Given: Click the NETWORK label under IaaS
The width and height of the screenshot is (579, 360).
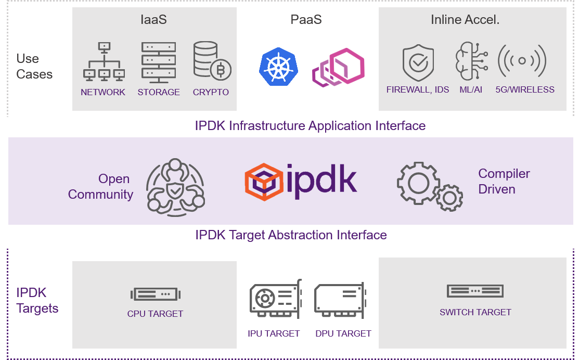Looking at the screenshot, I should point(103,92).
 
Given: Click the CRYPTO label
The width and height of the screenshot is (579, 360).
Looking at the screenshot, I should point(211,92).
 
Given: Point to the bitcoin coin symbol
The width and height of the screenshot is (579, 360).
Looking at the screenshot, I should point(221,70).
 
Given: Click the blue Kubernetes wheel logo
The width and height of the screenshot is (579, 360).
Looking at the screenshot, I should point(279,66).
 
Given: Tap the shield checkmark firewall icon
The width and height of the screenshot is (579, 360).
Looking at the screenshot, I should point(418,63).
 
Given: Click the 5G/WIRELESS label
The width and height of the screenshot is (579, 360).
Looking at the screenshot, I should point(524,89).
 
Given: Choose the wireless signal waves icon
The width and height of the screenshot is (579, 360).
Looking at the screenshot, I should point(522,61).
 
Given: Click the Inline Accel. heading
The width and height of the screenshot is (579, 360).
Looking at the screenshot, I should point(465,20).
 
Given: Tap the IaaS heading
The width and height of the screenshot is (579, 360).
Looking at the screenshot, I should point(153,20).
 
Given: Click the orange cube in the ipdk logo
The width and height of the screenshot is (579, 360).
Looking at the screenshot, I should point(264,182).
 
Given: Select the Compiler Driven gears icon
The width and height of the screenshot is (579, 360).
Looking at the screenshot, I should point(430,186).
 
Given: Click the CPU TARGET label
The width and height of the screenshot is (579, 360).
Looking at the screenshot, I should point(155,314).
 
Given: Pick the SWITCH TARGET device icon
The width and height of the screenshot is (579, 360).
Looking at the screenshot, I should point(475,291).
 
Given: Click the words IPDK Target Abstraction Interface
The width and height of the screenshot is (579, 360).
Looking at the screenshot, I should point(291,235).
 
